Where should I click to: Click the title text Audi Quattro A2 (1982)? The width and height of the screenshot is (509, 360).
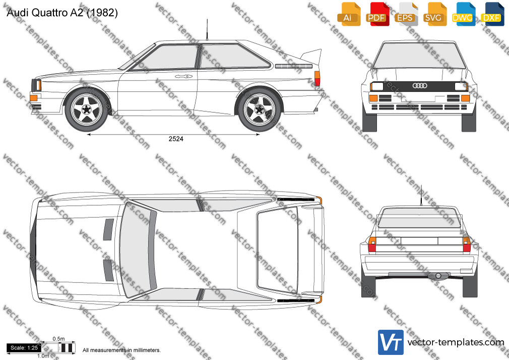pos(62,13)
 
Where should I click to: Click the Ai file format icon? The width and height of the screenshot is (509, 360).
pos(349,14)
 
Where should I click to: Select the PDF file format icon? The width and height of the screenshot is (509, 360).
pos(377,14)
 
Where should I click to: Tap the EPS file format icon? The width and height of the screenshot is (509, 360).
pos(406,14)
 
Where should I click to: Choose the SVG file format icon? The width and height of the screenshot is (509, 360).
pos(434,14)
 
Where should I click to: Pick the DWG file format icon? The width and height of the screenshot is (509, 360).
pos(464,14)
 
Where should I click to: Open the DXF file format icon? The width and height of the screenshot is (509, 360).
pos(492,14)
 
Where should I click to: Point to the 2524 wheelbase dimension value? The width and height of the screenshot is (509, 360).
pos(176,139)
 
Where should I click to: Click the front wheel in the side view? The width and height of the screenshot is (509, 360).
pos(86,110)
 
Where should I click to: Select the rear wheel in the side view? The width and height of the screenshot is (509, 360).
pos(260,110)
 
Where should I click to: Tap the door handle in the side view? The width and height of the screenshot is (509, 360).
pos(184,76)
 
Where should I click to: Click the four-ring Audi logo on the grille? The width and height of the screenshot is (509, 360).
pos(420,85)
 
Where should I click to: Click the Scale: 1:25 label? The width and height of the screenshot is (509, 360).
pos(24,348)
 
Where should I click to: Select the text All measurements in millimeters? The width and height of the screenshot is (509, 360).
pos(121,350)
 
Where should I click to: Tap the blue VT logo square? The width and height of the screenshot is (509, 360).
pos(391,342)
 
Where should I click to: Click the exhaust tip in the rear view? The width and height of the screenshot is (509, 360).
pos(438,276)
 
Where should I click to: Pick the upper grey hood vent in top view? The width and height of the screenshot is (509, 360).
pos(108,229)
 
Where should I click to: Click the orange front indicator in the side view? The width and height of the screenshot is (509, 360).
pos(34,97)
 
